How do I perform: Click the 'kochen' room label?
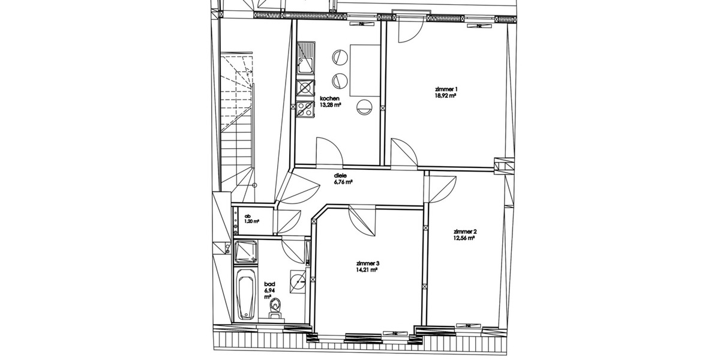(330, 98)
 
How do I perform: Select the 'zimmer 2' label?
(465, 232)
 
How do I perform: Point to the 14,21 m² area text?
(367, 270)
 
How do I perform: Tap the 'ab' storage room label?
(247, 215)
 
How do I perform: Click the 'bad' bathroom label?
(269, 284)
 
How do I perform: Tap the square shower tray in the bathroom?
(246, 252)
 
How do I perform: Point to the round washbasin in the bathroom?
(298, 280)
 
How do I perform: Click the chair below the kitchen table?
(364, 107)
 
